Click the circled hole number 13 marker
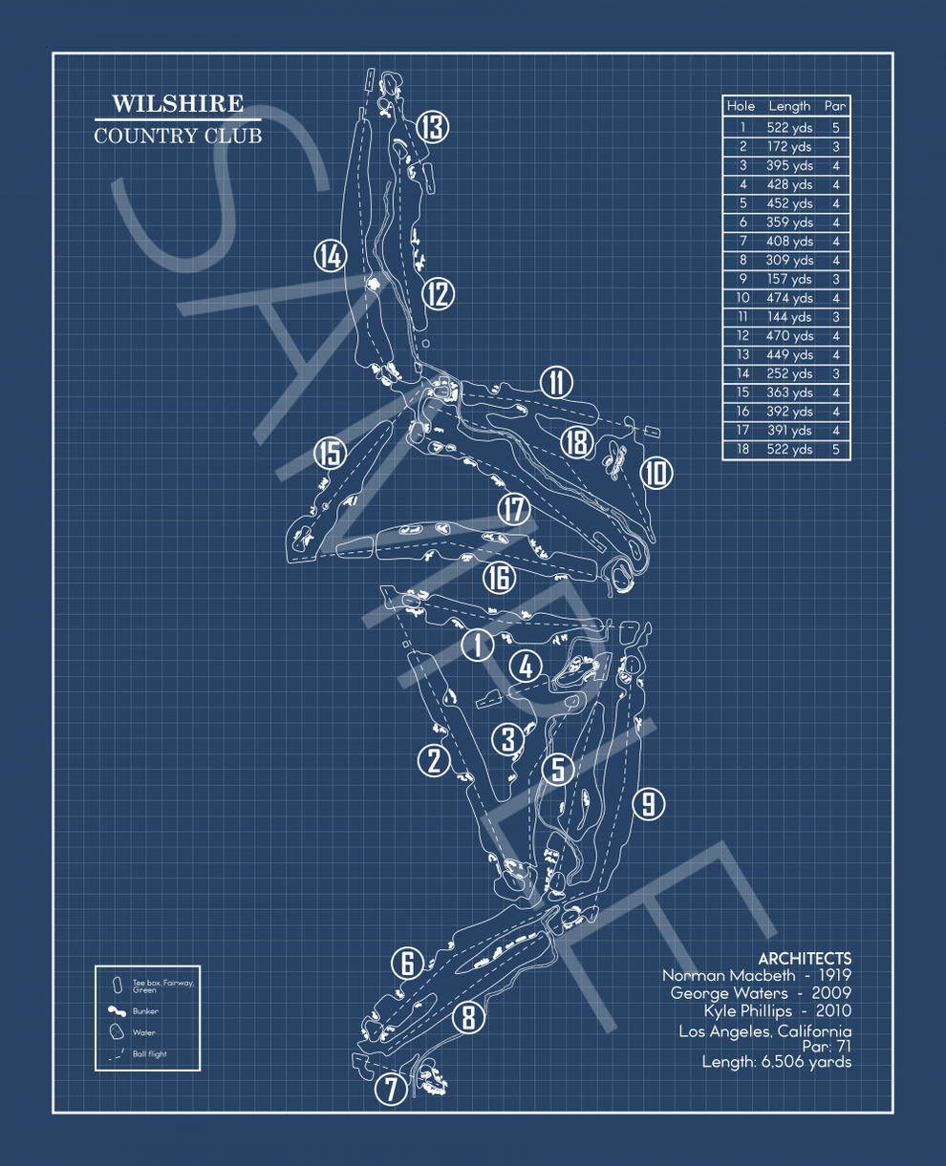432,127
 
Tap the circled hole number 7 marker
391,1089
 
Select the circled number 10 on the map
656,473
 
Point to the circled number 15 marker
331,454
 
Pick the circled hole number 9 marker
648,803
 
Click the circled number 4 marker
526,667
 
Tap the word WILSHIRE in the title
178,104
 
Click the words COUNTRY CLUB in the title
178,136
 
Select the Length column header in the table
789,107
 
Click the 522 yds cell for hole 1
789,127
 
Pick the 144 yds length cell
789,317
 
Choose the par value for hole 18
835,450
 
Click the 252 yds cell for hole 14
789,374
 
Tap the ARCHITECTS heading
805,959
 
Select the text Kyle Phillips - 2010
777,1011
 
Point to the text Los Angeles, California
764,1031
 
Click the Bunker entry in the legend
145,1011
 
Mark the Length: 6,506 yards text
776,1062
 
